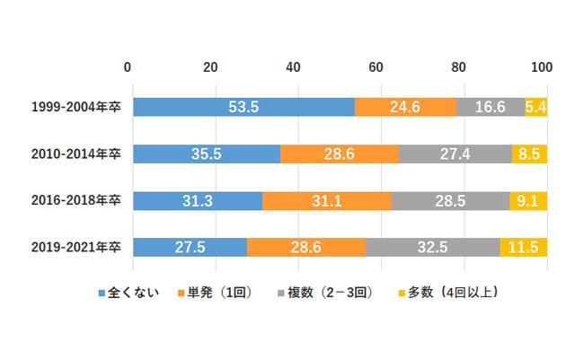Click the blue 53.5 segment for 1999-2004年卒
[x=243, y=107]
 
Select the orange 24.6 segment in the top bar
[x=405, y=107]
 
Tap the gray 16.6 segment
[x=491, y=107]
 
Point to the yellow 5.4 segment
[x=535, y=107]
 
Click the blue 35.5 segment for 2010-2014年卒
[x=207, y=154]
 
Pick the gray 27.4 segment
[x=456, y=154]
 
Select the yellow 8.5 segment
[x=529, y=154]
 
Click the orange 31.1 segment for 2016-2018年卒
[x=327, y=200]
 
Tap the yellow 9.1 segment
[x=528, y=200]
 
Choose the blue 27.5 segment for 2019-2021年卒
[x=190, y=247]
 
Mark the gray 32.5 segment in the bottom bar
[x=432, y=247]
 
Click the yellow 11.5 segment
[x=523, y=247]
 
